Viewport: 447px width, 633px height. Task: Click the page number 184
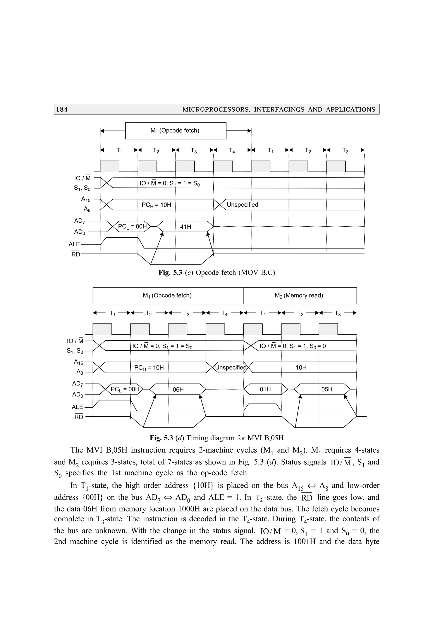[x=62, y=109]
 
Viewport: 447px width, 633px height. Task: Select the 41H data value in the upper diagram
[x=185, y=227]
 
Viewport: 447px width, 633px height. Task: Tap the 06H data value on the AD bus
[x=178, y=389]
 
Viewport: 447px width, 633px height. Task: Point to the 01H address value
[x=265, y=389]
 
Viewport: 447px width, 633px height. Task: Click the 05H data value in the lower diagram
[x=327, y=389]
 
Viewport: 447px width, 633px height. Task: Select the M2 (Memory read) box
[x=300, y=296]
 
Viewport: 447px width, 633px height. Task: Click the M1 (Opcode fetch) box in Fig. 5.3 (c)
[x=175, y=131]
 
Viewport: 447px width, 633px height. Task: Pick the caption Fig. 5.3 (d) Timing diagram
[x=217, y=438]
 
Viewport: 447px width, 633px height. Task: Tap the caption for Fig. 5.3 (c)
[x=217, y=273]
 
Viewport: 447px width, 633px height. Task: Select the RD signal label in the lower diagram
[x=79, y=417]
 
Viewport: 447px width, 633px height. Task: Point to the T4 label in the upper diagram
[x=232, y=150]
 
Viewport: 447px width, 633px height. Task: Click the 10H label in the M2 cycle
[x=301, y=368]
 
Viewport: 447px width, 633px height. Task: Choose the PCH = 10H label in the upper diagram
[x=156, y=205]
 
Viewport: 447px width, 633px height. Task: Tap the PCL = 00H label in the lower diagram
[x=125, y=389]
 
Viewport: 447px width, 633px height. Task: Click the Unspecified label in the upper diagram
[x=242, y=205]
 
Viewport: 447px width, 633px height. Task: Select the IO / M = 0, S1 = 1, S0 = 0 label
[x=292, y=346]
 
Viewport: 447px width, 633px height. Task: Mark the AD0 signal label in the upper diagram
[x=80, y=232]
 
